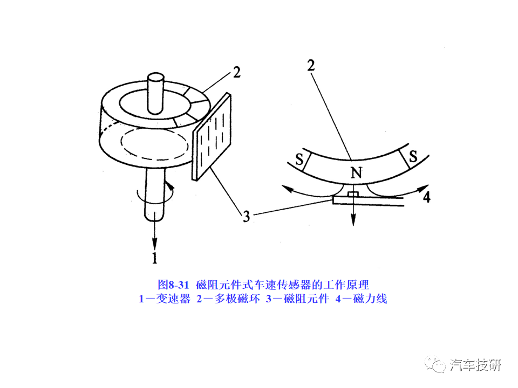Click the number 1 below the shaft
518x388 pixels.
154,258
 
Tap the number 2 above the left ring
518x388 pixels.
236,73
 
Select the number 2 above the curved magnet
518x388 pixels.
311,66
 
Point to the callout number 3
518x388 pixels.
246,217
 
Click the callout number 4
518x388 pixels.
427,197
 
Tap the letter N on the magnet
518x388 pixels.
356,172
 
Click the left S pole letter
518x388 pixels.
299,160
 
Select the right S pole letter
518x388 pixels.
413,156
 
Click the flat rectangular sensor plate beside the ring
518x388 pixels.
212,136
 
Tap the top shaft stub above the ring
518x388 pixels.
155,93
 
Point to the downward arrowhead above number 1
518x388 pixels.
154,244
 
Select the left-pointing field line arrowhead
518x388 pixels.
287,189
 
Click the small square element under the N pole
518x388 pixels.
353,194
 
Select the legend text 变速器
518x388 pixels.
173,299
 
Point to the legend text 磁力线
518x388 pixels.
370,299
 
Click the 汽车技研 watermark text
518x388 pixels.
475,365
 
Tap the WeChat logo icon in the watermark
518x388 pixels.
435,365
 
